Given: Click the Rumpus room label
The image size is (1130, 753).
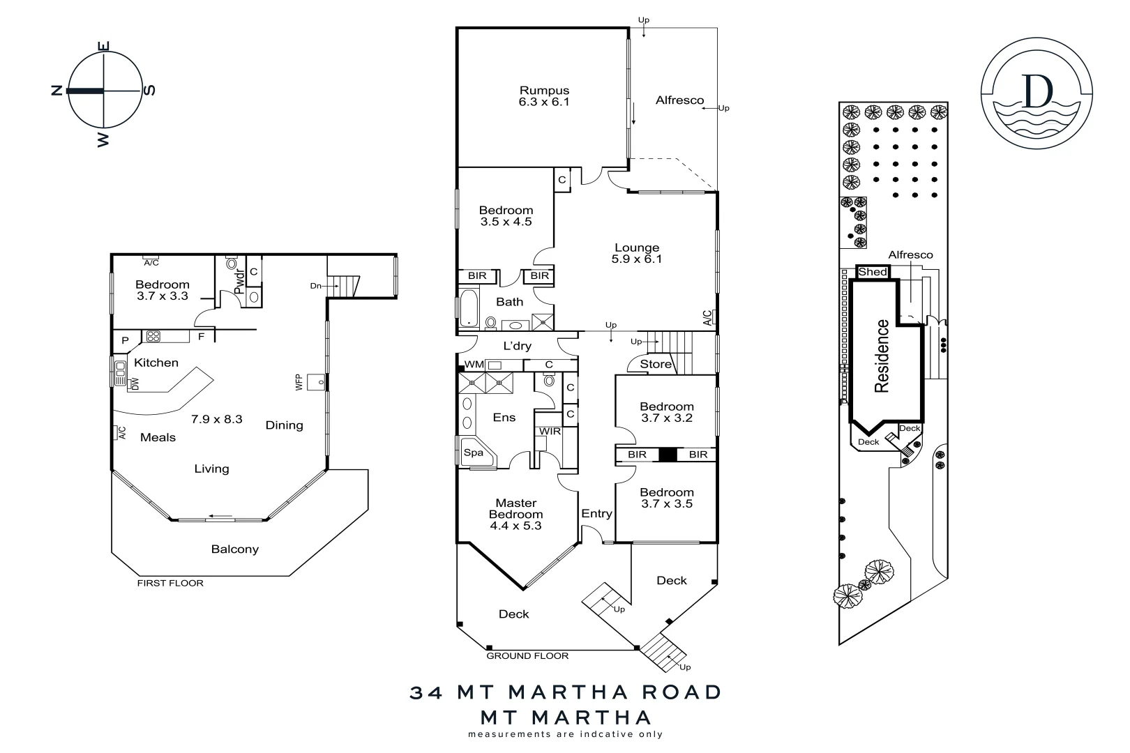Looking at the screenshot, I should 544,91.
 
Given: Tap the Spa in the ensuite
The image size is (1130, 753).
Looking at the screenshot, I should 474,452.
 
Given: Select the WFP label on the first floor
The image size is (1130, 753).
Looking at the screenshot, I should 299,382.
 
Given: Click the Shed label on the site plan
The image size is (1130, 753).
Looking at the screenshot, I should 872,272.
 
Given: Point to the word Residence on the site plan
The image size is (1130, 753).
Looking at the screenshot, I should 882,356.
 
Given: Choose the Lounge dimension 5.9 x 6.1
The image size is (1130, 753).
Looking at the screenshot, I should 636,259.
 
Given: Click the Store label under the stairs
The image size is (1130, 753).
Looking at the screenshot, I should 656,364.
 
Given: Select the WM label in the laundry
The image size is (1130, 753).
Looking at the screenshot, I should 474,365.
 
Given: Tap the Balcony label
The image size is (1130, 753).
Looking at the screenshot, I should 235,549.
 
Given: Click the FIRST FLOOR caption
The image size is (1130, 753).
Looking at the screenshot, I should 170,583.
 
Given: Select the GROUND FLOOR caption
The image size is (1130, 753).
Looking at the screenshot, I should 527,656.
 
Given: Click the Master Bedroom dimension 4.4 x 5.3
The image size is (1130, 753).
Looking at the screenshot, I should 516,526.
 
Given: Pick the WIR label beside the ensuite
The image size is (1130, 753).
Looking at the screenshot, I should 550,432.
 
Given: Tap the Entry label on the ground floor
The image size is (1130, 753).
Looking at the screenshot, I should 596,514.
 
